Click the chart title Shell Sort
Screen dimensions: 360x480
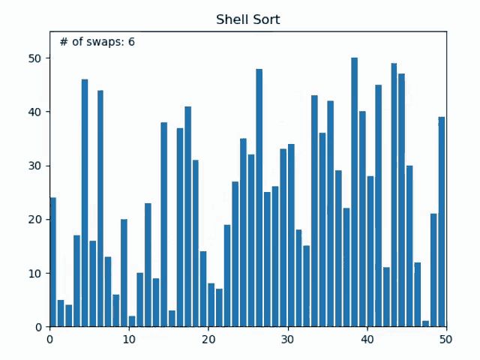coord(247,19)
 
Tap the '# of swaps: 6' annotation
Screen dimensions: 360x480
coord(97,42)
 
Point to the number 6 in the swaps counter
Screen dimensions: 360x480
coord(131,42)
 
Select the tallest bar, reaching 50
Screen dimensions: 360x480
coord(355,192)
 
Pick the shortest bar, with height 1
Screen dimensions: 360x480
coord(426,324)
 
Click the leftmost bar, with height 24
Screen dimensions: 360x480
coord(52,262)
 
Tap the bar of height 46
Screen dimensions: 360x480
coord(85,203)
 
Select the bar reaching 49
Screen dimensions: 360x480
coord(394,195)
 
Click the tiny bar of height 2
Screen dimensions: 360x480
coord(132,322)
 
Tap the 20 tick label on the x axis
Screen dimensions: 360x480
coord(208,339)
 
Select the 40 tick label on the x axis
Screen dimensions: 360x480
coord(367,339)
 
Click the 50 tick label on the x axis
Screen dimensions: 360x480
coord(446,339)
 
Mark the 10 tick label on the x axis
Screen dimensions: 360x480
coord(129,339)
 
